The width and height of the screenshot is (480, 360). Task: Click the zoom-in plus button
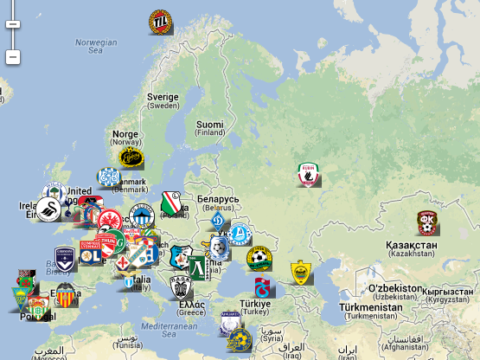[x=12, y=23]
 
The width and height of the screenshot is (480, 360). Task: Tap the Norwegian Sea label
[x=95, y=46]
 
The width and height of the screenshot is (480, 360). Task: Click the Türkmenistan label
[x=370, y=311]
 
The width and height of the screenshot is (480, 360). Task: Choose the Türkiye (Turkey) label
[x=255, y=309]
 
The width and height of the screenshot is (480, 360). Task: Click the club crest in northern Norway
[x=160, y=20]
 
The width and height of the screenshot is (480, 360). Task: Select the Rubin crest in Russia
[x=308, y=175]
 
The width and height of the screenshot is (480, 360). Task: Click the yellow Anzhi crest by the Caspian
[x=300, y=272]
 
